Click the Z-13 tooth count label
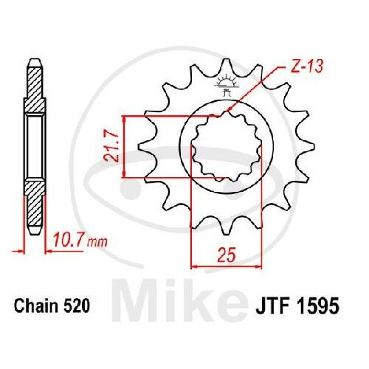point(306,66)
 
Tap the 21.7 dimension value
point(111,147)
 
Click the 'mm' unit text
point(97,242)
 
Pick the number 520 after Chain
point(77,306)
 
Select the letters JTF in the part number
point(273,306)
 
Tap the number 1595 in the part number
point(319,306)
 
